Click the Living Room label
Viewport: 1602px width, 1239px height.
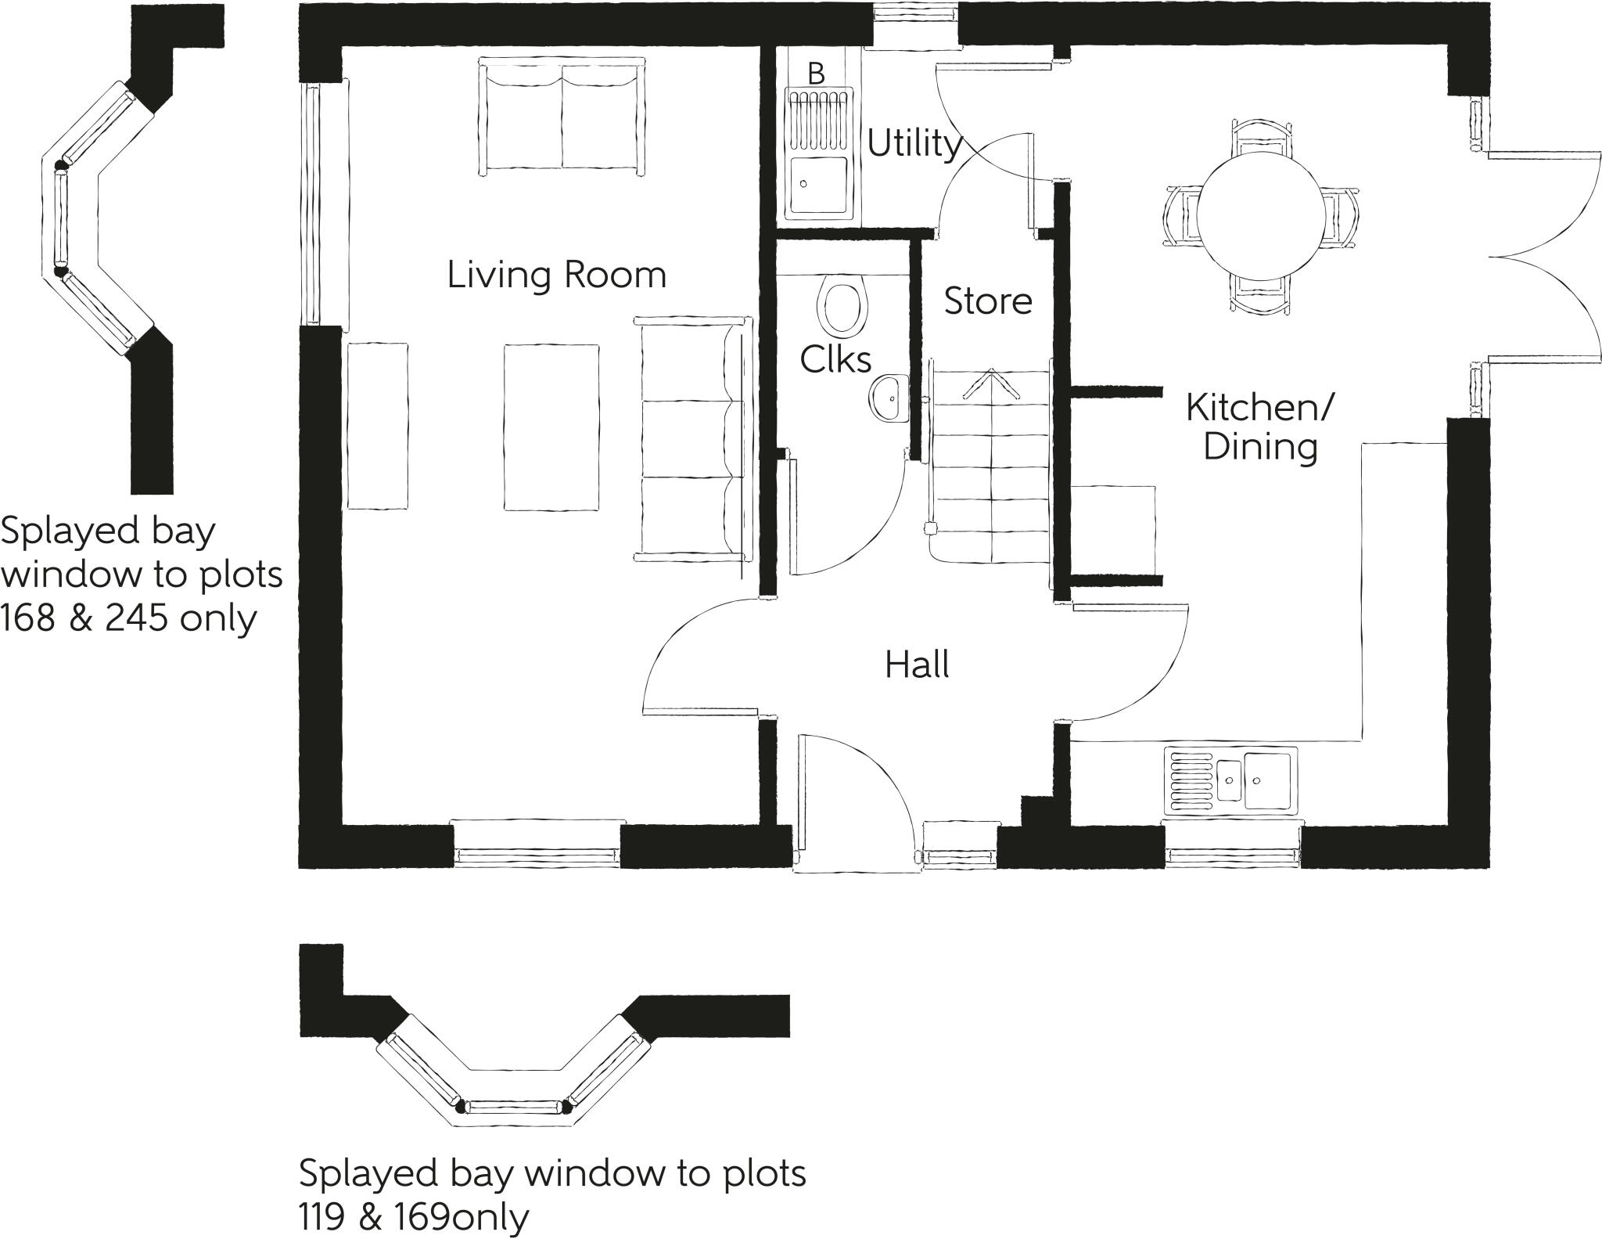[556, 276]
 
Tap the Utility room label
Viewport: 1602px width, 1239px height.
[914, 144]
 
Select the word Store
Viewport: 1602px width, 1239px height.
[987, 301]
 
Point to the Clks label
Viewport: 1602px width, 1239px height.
[835, 360]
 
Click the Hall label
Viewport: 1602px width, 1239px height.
[917, 665]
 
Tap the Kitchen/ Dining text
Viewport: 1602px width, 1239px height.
[1259, 427]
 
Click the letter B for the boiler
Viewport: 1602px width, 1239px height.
[816, 74]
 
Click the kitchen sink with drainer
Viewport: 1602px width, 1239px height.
[1230, 781]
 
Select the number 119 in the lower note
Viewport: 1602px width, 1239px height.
[322, 1217]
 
